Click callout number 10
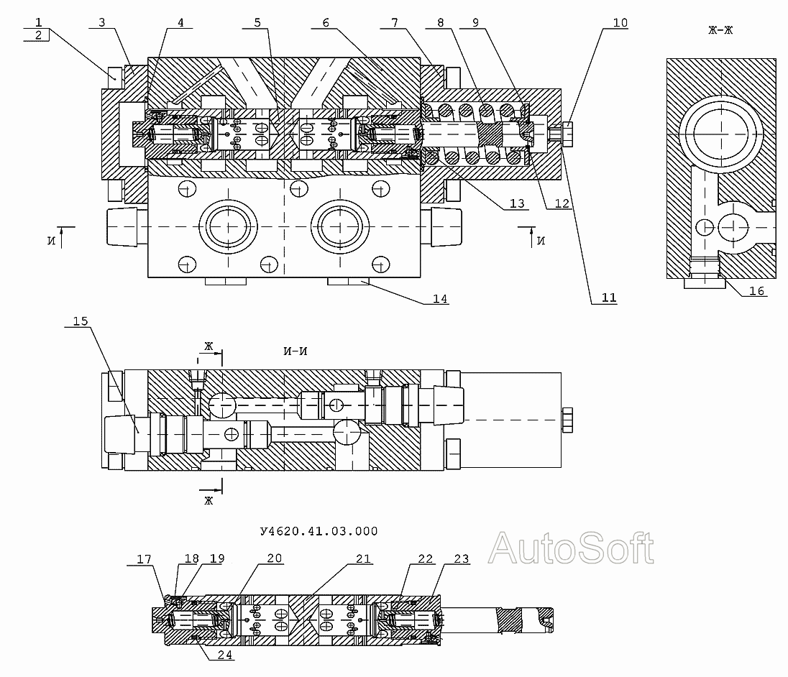pyautogui.click(x=620, y=22)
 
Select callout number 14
pyautogui.click(x=440, y=299)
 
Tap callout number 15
pyautogui.click(x=81, y=321)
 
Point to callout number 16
pyautogui.click(x=756, y=291)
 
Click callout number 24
pyautogui.click(x=225, y=655)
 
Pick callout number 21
pyautogui.click(x=363, y=558)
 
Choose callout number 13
pyautogui.click(x=517, y=203)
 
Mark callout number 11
pyautogui.click(x=609, y=298)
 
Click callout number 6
pyautogui.click(x=326, y=22)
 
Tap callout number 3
pyautogui.click(x=102, y=22)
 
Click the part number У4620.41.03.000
pyautogui.click(x=319, y=531)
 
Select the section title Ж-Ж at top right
pyautogui.click(x=720, y=30)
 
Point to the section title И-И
pyautogui.click(x=295, y=351)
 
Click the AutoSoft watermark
pyautogui.click(x=571, y=548)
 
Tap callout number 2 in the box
pyautogui.click(x=38, y=35)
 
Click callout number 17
pyautogui.click(x=145, y=559)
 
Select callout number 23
pyautogui.click(x=462, y=558)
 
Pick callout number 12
pyautogui.click(x=562, y=203)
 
